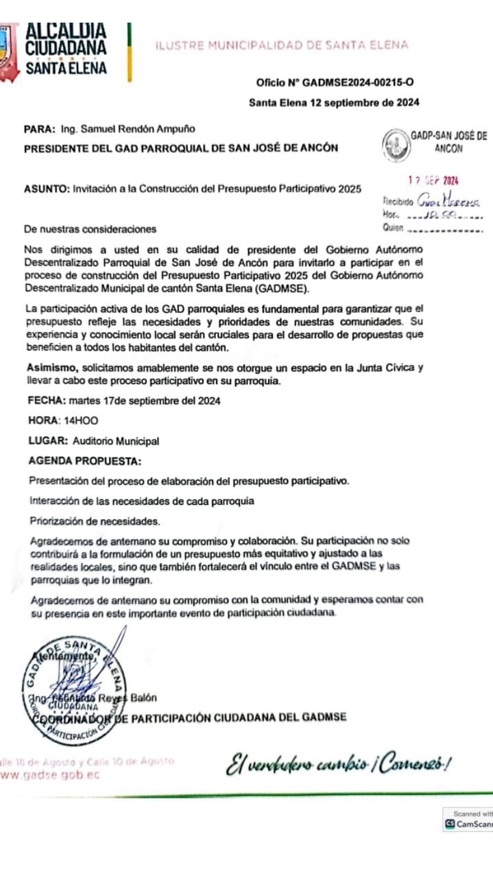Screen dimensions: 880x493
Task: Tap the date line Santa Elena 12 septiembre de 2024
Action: coord(334,103)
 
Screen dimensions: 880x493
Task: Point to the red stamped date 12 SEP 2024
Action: coord(433,181)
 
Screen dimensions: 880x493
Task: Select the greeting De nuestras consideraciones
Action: coord(90,229)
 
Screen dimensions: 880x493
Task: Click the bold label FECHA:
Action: coord(46,400)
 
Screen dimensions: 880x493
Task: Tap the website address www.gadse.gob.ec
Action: coord(51,774)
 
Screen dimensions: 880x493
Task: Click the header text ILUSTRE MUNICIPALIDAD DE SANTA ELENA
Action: coord(281,45)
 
